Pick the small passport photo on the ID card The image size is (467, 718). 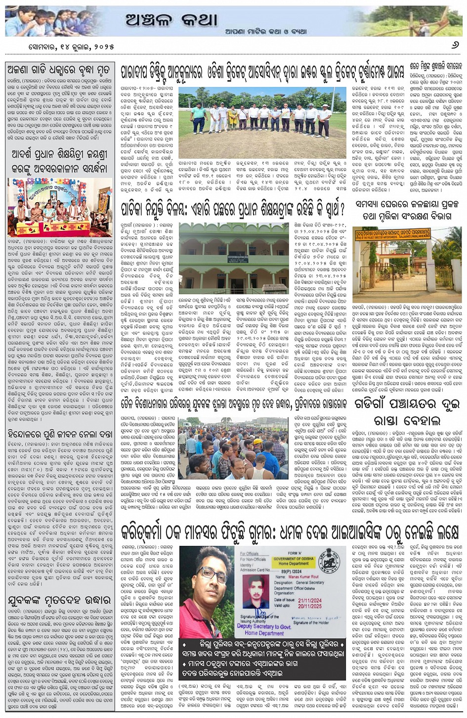point(256,592)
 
